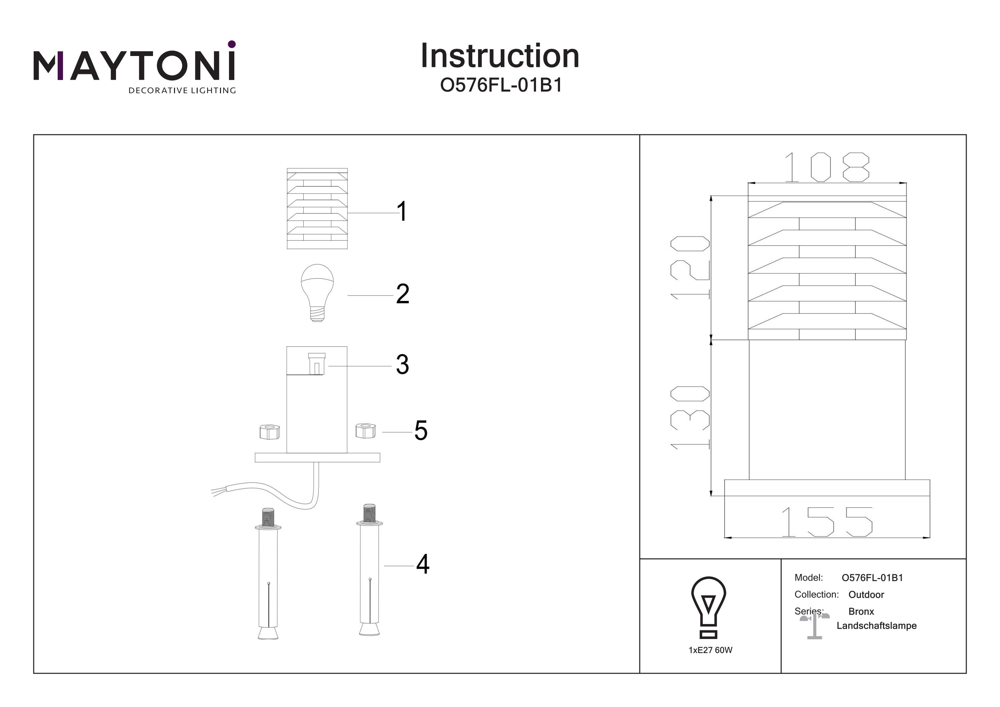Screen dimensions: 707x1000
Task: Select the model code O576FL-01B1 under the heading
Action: [x=501, y=85]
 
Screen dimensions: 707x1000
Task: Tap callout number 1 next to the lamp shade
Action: [x=402, y=212]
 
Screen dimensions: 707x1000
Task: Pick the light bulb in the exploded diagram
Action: [x=317, y=292]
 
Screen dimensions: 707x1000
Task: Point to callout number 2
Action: [x=402, y=294]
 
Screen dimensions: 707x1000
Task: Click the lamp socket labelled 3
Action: [x=317, y=364]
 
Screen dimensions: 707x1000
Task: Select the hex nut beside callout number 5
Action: [x=365, y=430]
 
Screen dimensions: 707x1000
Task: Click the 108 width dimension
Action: [x=826, y=167]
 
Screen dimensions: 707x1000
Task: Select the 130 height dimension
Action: [x=690, y=417]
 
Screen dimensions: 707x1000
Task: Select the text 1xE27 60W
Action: [x=710, y=650]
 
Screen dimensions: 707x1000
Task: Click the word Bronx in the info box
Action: [x=861, y=612]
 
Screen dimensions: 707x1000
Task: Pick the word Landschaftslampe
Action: [x=876, y=626]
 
